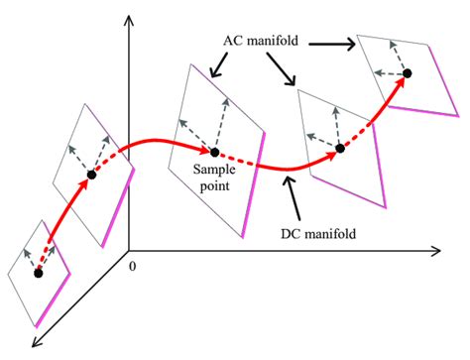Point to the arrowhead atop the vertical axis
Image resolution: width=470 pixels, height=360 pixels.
(129, 20)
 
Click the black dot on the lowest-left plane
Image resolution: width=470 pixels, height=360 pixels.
(40, 271)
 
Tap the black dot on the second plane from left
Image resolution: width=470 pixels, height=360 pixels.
(91, 175)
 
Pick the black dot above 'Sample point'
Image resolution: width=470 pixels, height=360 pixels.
(212, 153)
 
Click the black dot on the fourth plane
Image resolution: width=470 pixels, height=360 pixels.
(339, 149)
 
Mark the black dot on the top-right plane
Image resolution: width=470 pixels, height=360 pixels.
(405, 74)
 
